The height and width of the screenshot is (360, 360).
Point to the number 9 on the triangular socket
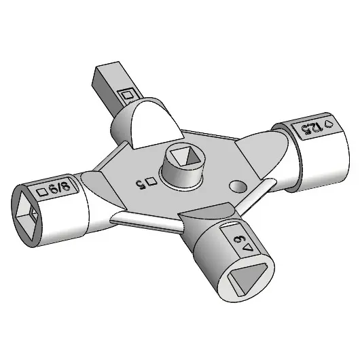pyautogui.click(x=239, y=239)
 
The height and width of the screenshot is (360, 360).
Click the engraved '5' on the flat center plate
pyautogui.click(x=141, y=182)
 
